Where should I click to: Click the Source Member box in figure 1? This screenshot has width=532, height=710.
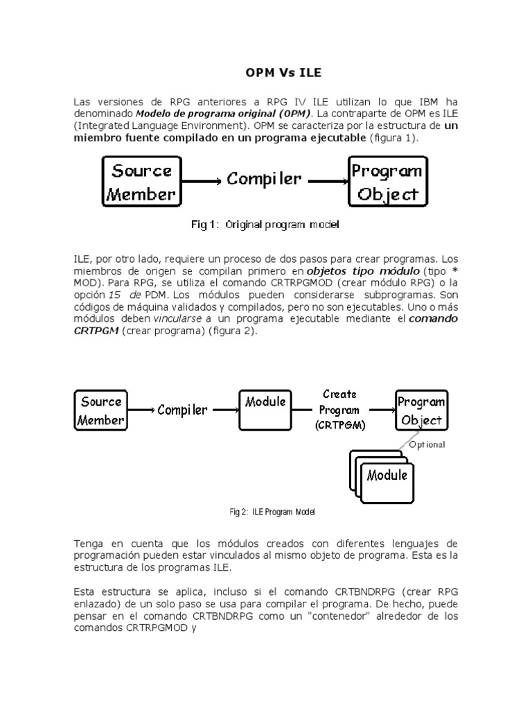point(142,182)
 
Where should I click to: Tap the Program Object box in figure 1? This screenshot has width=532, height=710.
point(387,182)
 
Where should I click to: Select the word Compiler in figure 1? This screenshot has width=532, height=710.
point(264,179)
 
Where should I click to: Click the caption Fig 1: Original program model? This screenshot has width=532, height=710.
point(265,225)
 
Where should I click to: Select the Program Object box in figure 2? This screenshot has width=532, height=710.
point(420,410)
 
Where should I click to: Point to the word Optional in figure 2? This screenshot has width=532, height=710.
point(427,445)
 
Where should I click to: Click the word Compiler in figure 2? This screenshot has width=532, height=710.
point(182,410)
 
